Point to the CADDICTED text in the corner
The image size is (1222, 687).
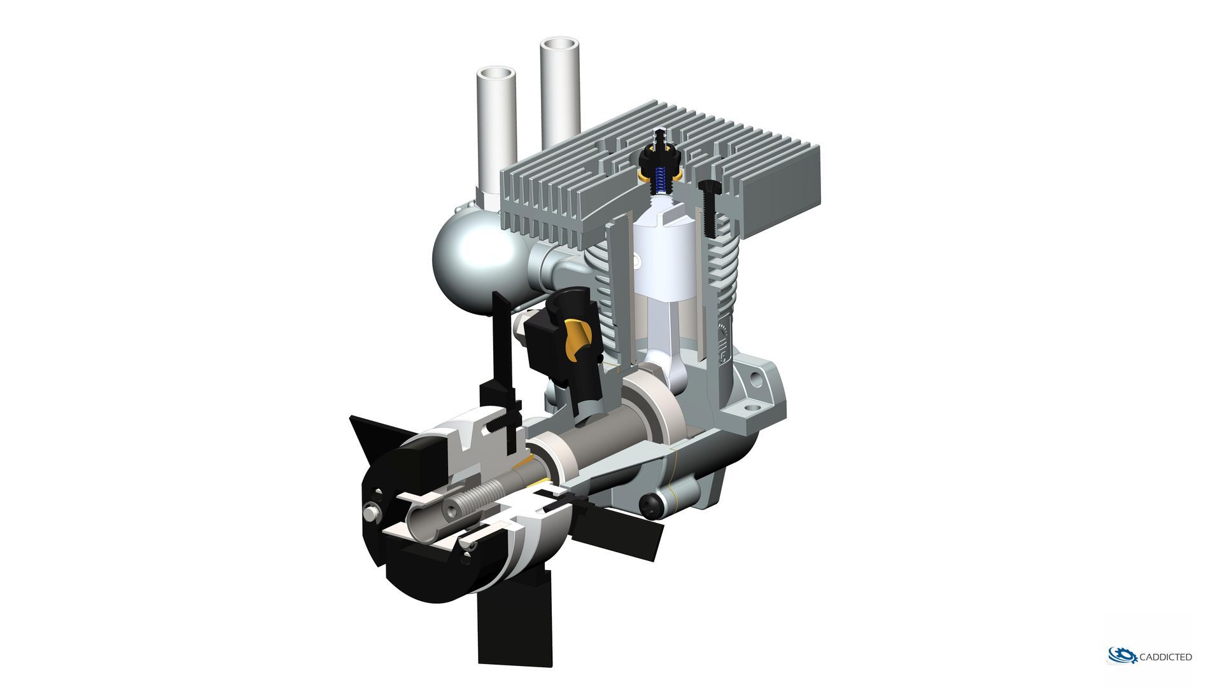1166,656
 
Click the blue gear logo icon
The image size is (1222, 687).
1121,655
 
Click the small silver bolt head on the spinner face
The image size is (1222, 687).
370,511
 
